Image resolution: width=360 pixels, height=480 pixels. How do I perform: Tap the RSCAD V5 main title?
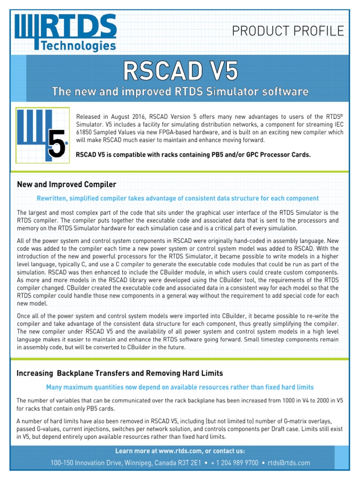click(180, 72)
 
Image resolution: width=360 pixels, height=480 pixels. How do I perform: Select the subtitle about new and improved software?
click(180, 91)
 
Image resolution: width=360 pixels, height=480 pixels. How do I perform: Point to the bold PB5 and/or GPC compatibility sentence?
click(193, 155)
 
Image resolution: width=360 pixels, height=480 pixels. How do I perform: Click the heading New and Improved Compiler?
click(66, 184)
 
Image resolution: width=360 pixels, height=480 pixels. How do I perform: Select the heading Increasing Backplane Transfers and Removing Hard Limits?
click(120, 373)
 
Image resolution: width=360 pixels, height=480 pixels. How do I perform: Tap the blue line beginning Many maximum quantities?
click(180, 387)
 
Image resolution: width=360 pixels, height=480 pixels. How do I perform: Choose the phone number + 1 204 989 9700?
click(234, 463)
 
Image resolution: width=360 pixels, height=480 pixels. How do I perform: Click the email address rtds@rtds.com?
click(289, 463)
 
